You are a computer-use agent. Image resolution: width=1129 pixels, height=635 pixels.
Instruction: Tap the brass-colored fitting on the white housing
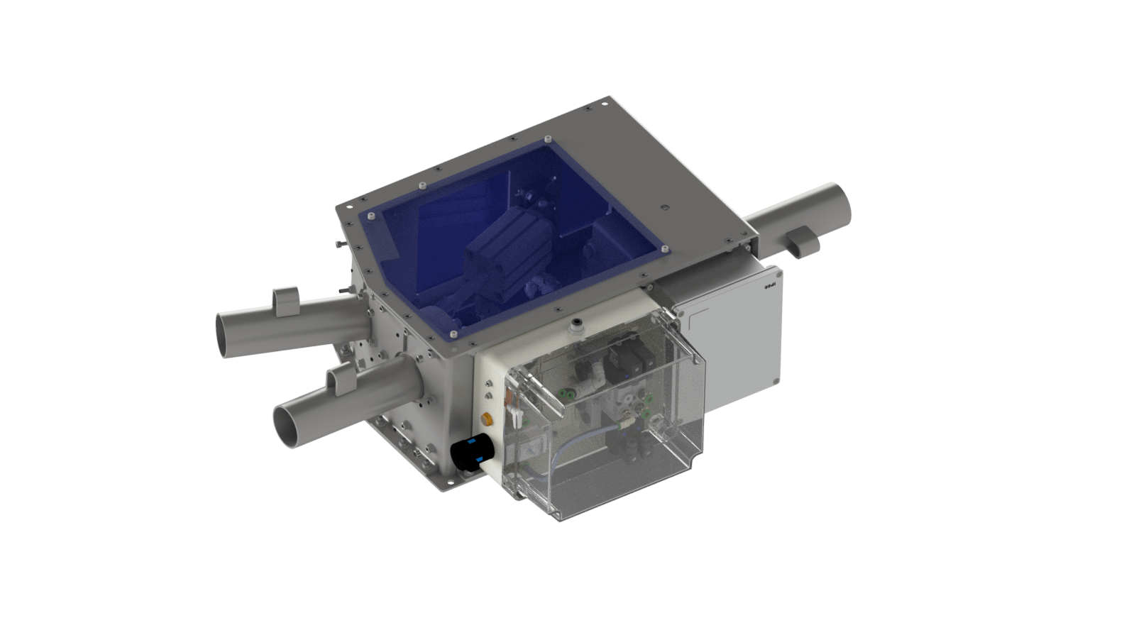[x=487, y=418]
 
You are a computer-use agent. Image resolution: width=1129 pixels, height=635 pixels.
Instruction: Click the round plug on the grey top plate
[x=664, y=208]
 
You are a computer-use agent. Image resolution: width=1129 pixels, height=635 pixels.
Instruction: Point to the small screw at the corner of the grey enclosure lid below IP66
[x=775, y=382]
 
